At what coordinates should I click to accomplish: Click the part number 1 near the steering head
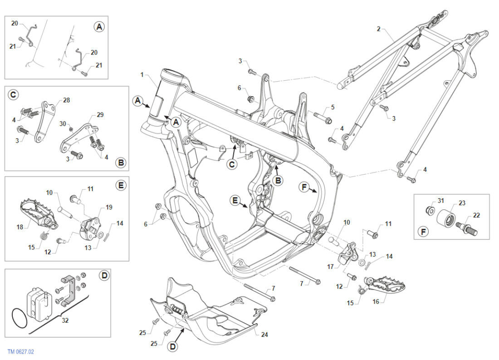(142, 74)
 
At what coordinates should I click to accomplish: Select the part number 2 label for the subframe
(378, 29)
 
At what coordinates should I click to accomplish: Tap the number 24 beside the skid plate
(265, 335)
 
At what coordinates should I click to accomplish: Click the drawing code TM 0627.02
(21, 351)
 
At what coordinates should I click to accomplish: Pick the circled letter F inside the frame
(304, 187)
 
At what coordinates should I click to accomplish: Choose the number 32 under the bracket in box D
(65, 321)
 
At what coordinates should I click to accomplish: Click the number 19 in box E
(109, 207)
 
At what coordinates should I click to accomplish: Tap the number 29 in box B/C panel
(100, 115)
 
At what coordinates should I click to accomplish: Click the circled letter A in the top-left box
(99, 26)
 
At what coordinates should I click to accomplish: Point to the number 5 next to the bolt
(333, 107)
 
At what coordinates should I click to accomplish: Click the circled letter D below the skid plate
(172, 347)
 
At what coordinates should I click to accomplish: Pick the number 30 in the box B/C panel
(63, 123)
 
